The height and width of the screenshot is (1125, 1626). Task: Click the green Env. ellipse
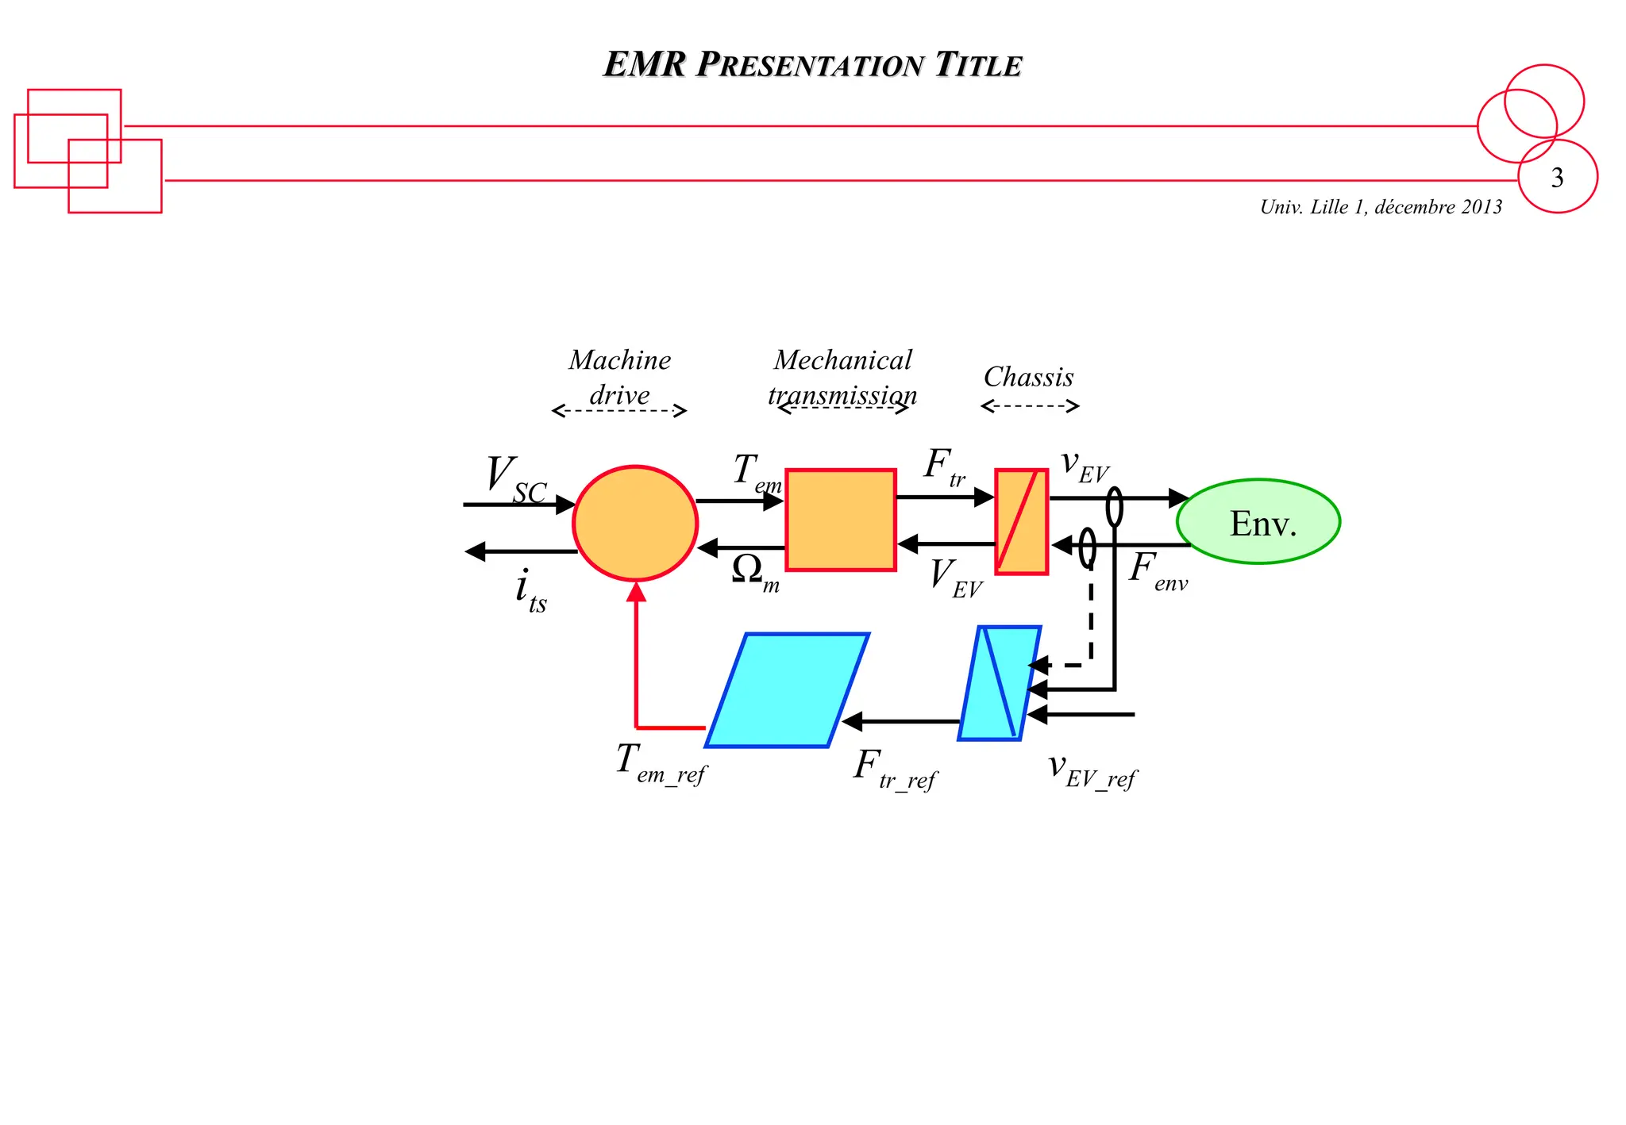pyautogui.click(x=1258, y=522)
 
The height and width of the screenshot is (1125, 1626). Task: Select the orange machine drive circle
pyautogui.click(x=635, y=523)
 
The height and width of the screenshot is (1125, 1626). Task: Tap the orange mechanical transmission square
pyautogui.click(x=841, y=520)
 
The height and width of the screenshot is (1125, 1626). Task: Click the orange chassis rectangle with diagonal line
pyautogui.click(x=1022, y=521)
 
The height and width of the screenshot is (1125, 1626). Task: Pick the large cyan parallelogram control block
pyautogui.click(x=787, y=689)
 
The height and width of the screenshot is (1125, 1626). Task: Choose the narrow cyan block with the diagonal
pyautogui.click(x=1000, y=683)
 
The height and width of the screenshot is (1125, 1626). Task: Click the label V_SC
pyautogui.click(x=514, y=479)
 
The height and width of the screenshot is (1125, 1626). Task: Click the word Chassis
pyautogui.click(x=1028, y=377)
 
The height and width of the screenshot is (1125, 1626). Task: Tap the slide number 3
pyautogui.click(x=1557, y=178)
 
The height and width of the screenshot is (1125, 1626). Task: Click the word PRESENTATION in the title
pyautogui.click(x=810, y=65)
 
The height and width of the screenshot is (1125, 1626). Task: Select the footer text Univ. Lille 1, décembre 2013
pyautogui.click(x=1381, y=207)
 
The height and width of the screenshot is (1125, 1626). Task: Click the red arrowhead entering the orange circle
pyautogui.click(x=636, y=592)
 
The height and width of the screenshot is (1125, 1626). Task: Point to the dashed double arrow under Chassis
pyautogui.click(x=1030, y=406)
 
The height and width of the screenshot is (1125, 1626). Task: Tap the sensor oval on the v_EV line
pyautogui.click(x=1115, y=507)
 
